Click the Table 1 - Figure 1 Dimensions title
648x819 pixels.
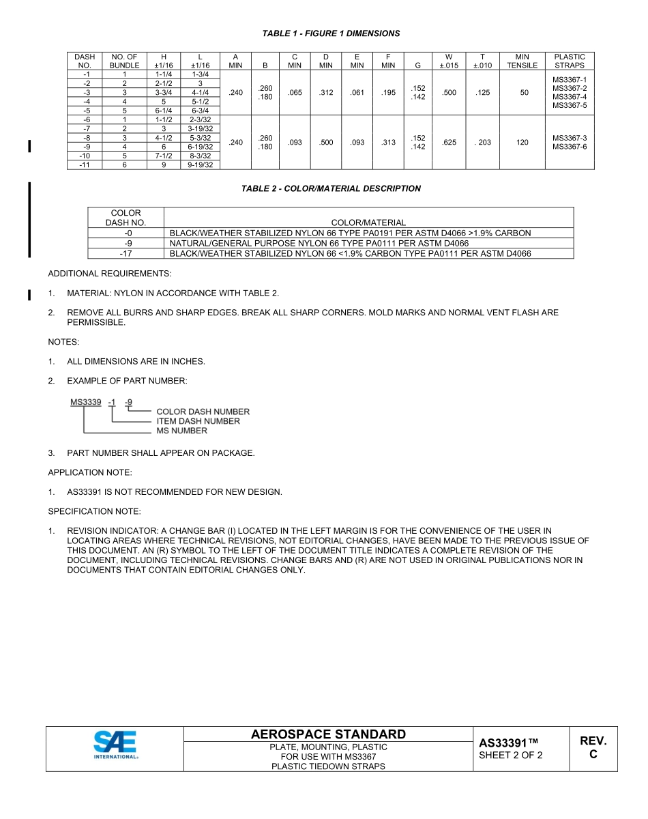[331, 33]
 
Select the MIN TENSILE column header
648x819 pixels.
[522, 61]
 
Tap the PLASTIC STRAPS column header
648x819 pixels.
[570, 61]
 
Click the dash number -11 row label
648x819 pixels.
[85, 164]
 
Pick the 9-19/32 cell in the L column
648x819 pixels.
[200, 164]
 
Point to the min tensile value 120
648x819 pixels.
[522, 143]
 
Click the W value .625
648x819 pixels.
[449, 143]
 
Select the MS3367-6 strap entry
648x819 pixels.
[570, 147]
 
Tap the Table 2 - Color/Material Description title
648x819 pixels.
[331, 189]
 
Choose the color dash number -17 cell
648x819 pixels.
[126, 253]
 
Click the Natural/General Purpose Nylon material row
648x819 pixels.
[319, 243]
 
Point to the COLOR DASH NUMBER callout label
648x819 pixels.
[203, 412]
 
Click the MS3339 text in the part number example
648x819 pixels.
[86, 402]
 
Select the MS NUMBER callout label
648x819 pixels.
[181, 431]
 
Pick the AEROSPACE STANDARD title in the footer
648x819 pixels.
[328, 734]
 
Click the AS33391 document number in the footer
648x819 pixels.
[509, 743]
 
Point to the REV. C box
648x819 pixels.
[593, 748]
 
